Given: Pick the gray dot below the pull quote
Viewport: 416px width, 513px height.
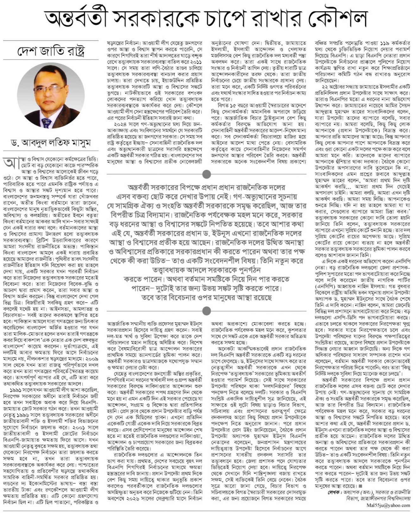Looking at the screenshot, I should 207,310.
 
